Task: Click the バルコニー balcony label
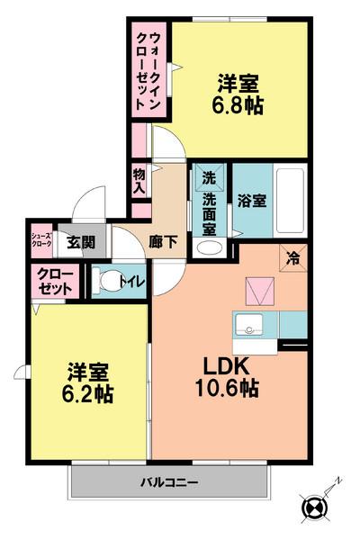point(168,483)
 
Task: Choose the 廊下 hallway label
point(163,242)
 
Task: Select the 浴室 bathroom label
point(252,201)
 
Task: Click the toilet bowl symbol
point(110,282)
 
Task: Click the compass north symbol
point(315,508)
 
